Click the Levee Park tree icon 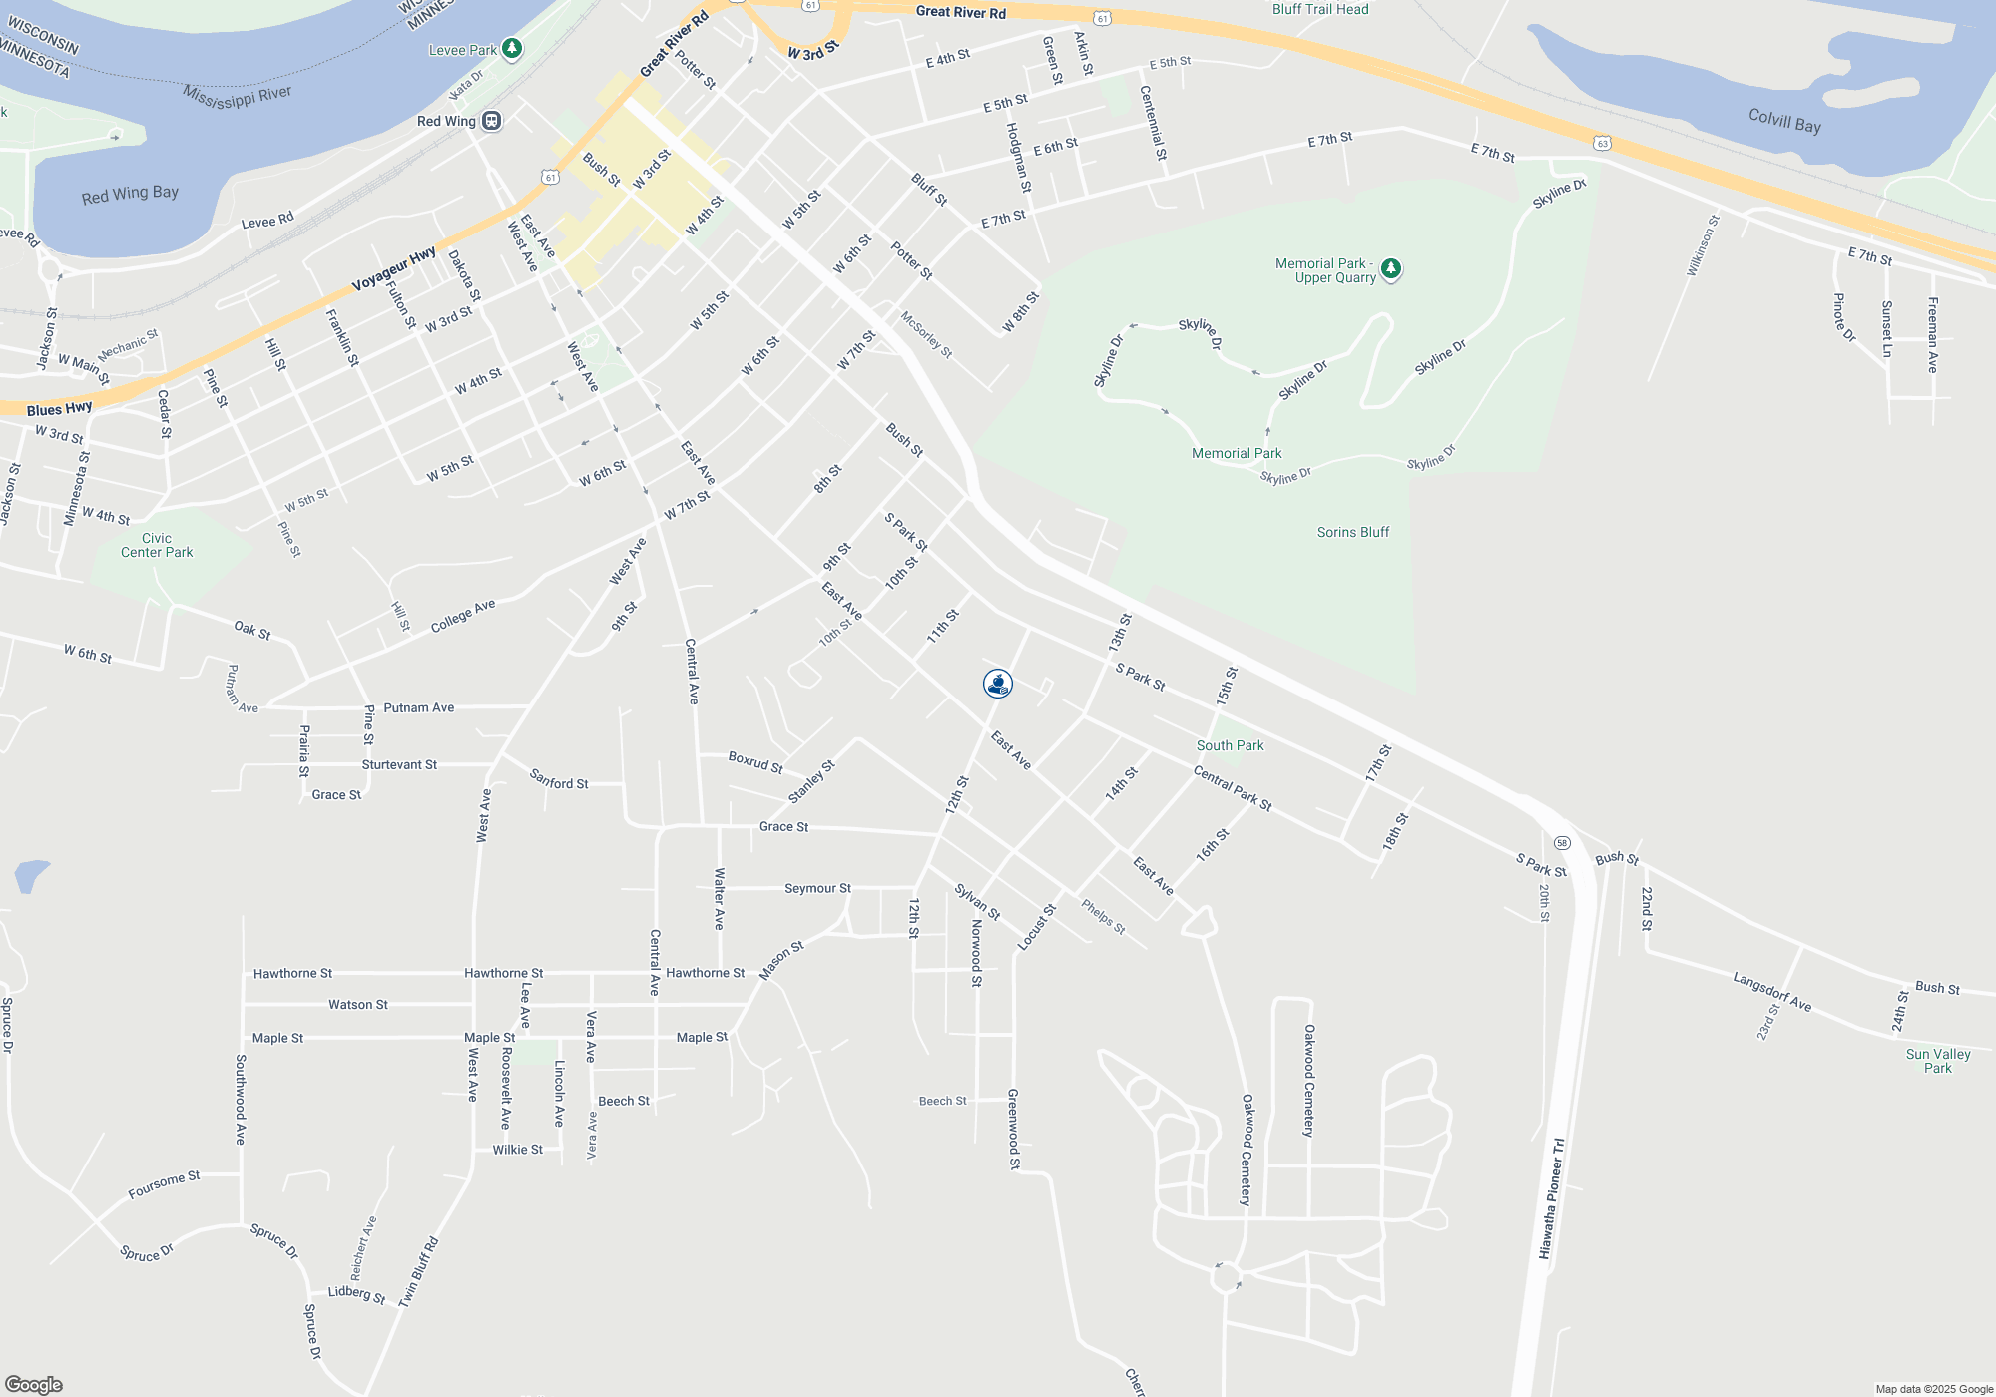[x=512, y=48]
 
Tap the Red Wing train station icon [x=491, y=121]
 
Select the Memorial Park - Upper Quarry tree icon [x=1391, y=268]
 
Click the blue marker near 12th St [x=998, y=684]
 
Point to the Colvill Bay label [x=1784, y=121]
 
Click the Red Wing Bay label [x=130, y=194]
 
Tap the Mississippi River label [x=238, y=97]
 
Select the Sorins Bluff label [x=1352, y=532]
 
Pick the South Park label [x=1230, y=745]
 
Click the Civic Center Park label [x=157, y=545]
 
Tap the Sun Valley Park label [x=1937, y=1061]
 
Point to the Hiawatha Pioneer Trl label [x=1552, y=1198]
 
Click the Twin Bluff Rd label [x=419, y=1272]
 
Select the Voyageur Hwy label [x=393, y=269]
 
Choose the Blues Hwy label [x=59, y=409]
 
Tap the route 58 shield [x=1562, y=843]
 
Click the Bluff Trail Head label [x=1320, y=9]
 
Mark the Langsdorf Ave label [x=1771, y=991]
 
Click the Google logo [x=33, y=1385]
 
